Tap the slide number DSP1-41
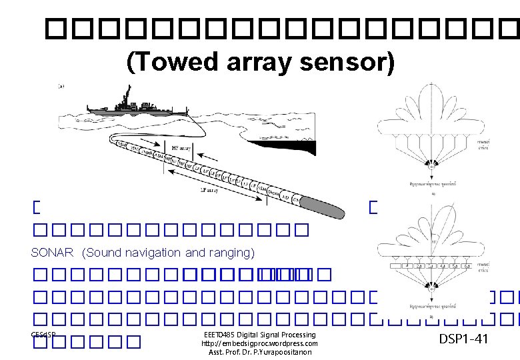coord(463,339)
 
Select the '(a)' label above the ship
coord(61,86)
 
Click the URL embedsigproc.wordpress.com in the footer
coord(259,343)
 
